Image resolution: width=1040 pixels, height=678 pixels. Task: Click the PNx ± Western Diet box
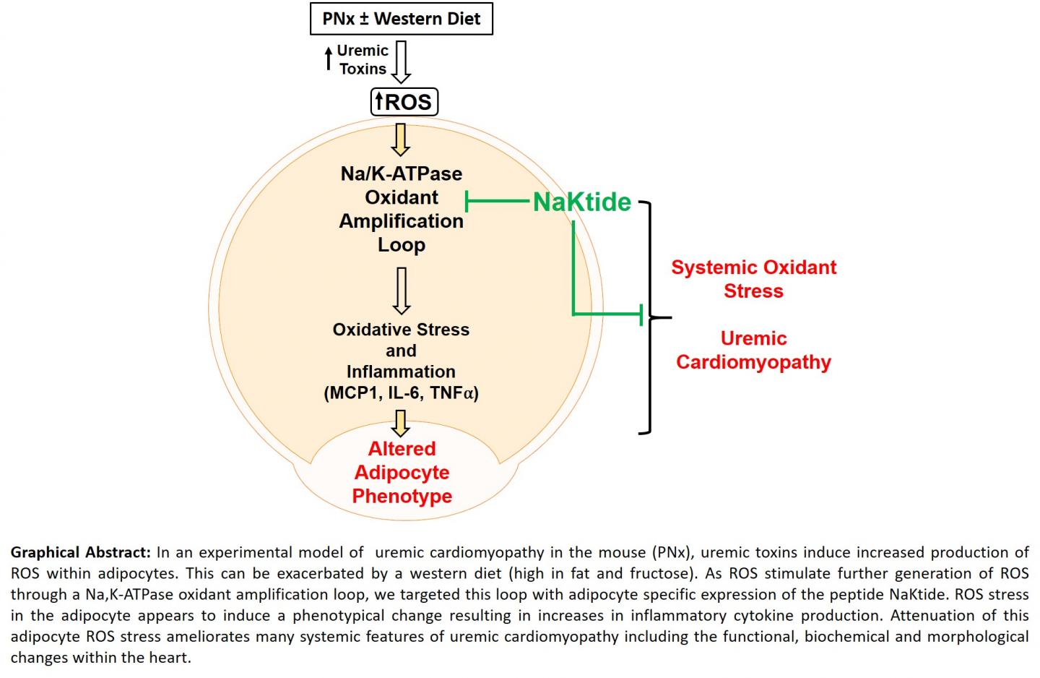click(401, 19)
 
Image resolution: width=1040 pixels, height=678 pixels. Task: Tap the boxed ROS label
click(404, 102)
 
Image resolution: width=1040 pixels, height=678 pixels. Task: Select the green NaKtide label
click(582, 202)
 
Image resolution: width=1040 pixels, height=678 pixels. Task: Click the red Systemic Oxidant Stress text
click(753, 279)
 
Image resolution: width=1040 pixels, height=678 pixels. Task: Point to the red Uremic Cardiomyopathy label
click(753, 350)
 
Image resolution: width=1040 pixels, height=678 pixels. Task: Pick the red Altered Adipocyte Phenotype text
click(402, 473)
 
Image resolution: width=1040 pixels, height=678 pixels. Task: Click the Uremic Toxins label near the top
click(363, 60)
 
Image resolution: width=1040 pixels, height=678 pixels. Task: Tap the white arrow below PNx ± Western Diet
click(401, 61)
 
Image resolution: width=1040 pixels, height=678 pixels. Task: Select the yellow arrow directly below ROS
click(401, 140)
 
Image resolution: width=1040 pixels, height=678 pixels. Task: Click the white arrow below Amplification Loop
click(402, 291)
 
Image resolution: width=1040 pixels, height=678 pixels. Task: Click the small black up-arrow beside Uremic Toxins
click(329, 59)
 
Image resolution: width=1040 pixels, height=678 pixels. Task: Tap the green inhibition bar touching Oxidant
click(467, 202)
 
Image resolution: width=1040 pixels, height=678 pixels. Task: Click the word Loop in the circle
click(402, 245)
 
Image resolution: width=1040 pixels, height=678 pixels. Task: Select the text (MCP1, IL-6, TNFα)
click(401, 393)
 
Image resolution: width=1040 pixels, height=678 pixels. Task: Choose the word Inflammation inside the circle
click(401, 372)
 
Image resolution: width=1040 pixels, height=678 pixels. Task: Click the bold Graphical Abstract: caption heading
click(80, 553)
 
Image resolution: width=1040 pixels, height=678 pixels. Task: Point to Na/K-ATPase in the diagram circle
click(402, 174)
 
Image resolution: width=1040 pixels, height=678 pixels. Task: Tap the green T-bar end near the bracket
click(641, 314)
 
